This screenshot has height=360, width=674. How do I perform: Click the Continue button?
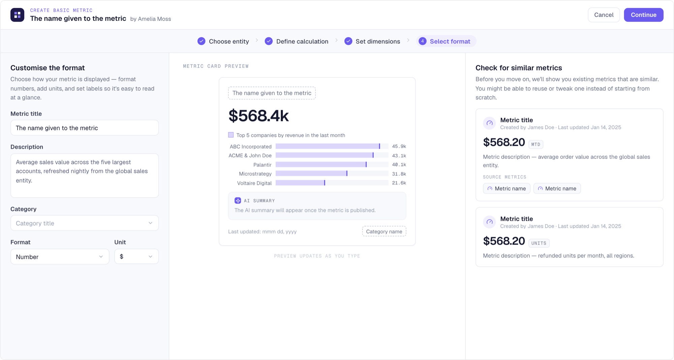643,15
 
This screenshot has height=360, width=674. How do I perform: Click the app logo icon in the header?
17,15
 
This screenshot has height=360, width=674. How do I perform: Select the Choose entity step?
223,41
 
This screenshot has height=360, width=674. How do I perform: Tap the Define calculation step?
297,41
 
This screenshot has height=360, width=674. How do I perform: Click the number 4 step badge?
422,41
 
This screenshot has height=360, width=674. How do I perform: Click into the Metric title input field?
85,128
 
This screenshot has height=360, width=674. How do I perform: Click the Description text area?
85,175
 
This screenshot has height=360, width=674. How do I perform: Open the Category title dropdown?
85,223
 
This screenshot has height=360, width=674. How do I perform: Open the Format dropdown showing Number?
60,257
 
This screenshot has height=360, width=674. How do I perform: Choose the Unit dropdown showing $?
136,257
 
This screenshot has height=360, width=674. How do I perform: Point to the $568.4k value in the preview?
258,116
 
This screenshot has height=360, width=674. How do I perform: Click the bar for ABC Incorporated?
328,146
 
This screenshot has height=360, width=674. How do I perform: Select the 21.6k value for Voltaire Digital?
399,183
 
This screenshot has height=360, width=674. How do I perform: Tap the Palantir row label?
262,165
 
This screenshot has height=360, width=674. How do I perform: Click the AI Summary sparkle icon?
238,201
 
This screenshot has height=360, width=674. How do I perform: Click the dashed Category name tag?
384,231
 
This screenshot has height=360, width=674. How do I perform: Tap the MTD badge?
535,144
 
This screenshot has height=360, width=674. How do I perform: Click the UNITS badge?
539,243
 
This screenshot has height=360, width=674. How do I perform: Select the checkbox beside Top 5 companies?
231,135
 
